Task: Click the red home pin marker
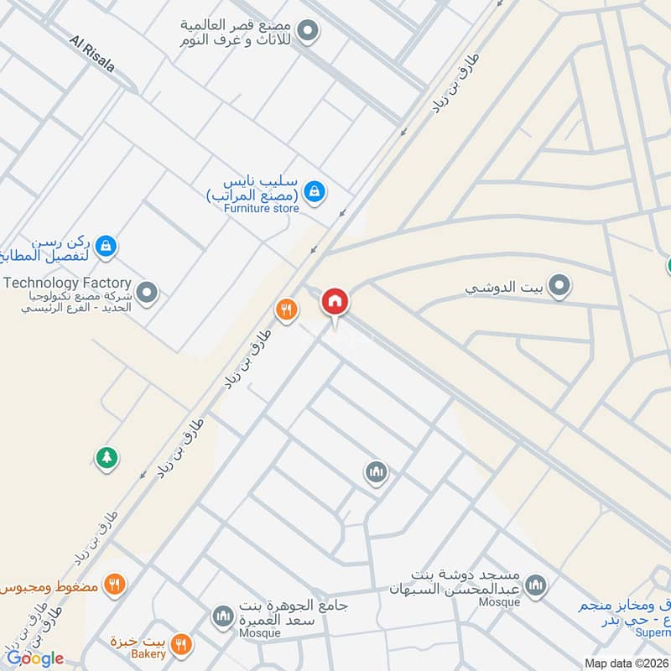click(x=335, y=302)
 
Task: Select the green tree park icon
click(x=107, y=458)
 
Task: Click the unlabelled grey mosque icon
click(x=377, y=474)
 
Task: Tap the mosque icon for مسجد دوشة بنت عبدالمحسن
click(x=536, y=585)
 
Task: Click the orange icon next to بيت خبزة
click(x=180, y=644)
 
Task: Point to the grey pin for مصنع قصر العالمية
click(x=309, y=33)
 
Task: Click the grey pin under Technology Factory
click(x=147, y=294)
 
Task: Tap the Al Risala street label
click(x=92, y=54)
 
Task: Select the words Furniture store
click(x=262, y=208)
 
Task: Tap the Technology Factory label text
click(x=67, y=283)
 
